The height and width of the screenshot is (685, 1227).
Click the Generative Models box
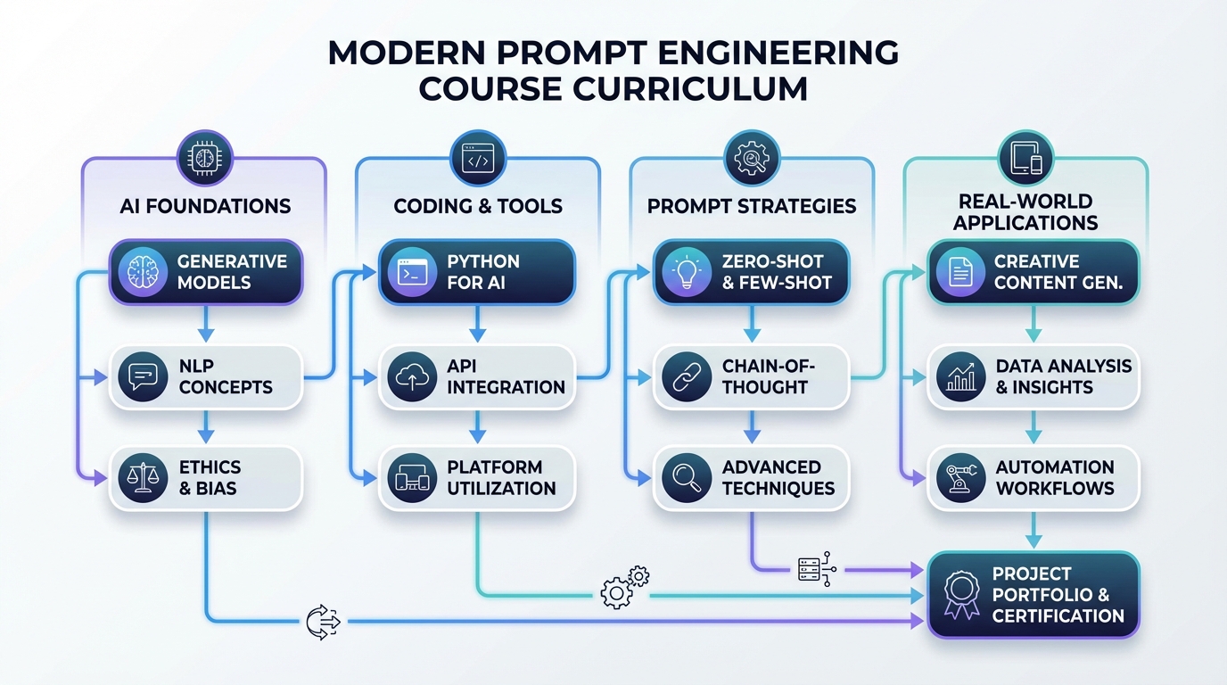[206, 272]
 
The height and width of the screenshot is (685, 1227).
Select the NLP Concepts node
[206, 377]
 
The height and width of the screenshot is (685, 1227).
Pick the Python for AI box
[477, 272]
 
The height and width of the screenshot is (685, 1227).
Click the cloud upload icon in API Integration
[412, 377]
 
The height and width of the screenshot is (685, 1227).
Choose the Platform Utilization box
[477, 478]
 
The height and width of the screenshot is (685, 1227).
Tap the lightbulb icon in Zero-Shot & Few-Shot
[687, 272]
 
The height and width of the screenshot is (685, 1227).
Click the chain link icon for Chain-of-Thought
[687, 377]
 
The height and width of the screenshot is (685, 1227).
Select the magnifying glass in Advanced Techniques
[687, 477]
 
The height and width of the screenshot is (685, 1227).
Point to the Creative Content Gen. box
[1033, 272]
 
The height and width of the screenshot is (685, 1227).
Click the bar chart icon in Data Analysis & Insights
[961, 377]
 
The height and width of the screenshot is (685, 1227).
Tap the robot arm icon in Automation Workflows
[961, 477]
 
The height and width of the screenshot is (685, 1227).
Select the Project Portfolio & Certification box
[1033, 595]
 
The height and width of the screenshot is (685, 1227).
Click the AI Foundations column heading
[205, 206]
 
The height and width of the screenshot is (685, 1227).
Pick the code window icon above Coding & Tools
[478, 160]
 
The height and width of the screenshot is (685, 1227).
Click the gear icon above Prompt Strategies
[752, 160]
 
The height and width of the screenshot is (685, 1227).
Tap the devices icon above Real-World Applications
[1025, 160]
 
